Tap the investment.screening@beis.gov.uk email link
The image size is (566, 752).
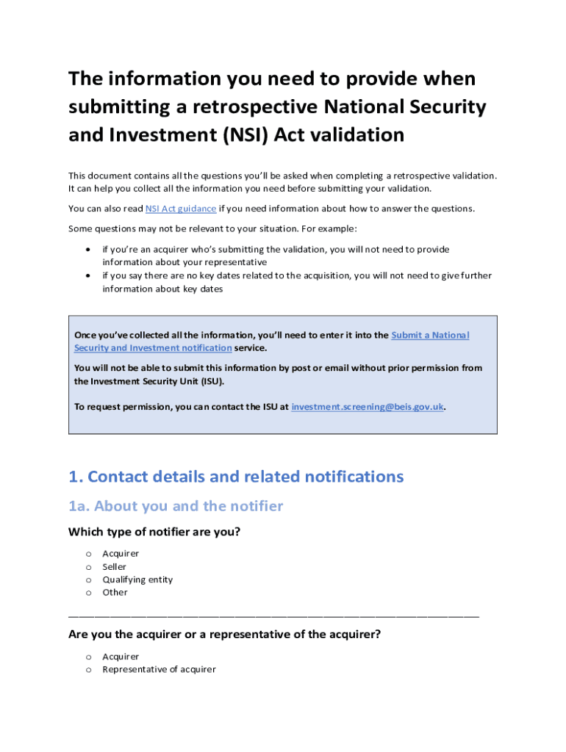368,406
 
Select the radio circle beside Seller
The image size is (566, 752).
88,567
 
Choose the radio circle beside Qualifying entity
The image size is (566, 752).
88,580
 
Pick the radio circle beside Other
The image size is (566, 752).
88,593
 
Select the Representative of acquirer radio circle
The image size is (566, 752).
88,670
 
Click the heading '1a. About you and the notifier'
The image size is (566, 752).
176,506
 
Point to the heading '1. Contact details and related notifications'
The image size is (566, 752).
236,477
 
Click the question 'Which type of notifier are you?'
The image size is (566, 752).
154,532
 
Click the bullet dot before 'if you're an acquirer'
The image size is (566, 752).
89,250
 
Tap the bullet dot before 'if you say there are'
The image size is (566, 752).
89,275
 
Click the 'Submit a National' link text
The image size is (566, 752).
430,335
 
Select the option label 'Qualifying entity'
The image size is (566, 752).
137,579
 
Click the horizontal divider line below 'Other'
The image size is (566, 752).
273,615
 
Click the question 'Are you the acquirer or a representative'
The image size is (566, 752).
224,634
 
